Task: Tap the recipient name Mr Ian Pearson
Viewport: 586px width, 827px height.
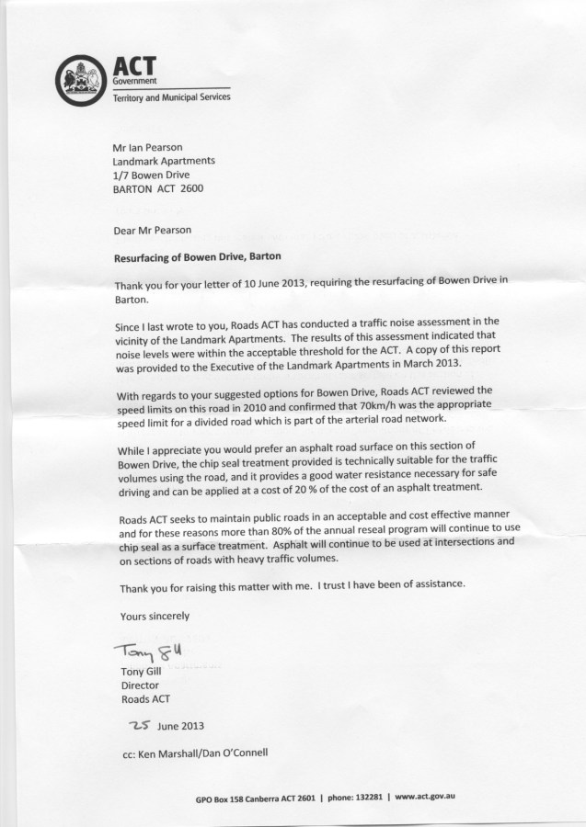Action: (152, 145)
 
